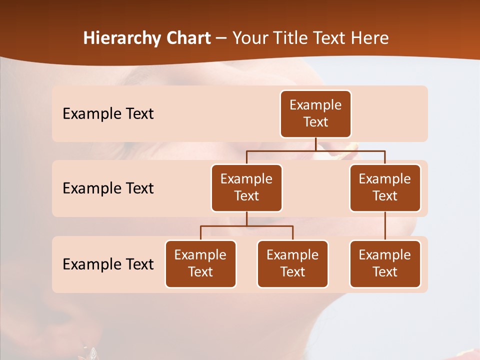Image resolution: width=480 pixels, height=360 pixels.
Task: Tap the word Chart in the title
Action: [186, 38]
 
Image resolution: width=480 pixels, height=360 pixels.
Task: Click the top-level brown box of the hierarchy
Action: [315, 114]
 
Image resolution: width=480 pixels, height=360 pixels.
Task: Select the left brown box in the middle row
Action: [246, 188]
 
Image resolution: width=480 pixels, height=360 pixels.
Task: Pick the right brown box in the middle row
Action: [385, 188]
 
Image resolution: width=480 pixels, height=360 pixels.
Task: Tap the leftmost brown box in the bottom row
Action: [200, 264]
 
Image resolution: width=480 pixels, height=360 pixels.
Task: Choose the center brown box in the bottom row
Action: [292, 264]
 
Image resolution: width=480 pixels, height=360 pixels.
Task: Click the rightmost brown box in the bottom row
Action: [385, 264]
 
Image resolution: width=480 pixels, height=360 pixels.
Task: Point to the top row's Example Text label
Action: [108, 114]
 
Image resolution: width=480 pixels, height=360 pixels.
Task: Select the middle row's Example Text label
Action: [108, 188]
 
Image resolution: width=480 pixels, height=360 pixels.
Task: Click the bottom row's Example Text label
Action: [108, 264]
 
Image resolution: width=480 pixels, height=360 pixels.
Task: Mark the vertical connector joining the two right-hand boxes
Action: [385, 226]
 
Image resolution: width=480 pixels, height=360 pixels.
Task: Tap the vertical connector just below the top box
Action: [315, 144]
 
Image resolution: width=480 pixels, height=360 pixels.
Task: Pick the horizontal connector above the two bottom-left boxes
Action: [246, 226]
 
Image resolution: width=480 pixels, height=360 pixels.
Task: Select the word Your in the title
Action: [248, 38]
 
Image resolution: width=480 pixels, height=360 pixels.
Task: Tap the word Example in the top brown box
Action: [315, 105]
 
